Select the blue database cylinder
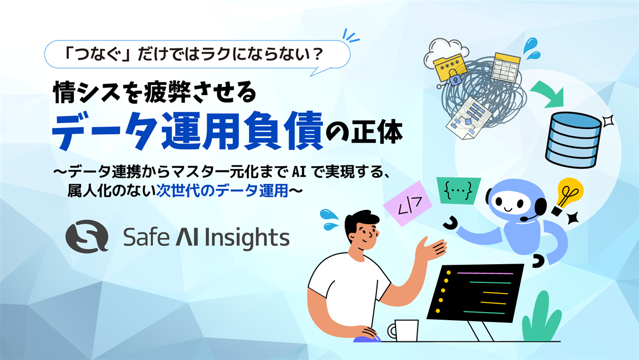point(574,140)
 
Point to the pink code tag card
point(407,203)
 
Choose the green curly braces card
point(458,191)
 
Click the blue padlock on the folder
point(454,78)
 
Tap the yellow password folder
point(449,68)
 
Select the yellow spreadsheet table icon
point(506,67)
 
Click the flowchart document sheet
point(469,118)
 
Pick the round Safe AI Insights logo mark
point(87,236)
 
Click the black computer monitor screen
point(476,293)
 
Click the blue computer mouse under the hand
point(367,339)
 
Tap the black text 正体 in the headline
point(376,133)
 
